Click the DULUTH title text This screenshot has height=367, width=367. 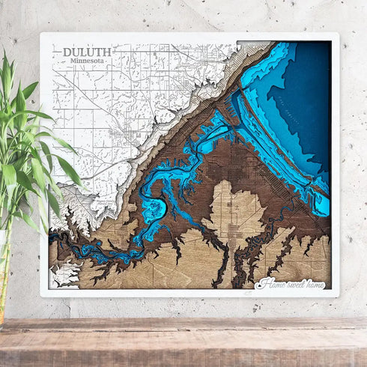87,52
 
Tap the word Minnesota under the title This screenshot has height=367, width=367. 82,60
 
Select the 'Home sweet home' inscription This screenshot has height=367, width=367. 291,283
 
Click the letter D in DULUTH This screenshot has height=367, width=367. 67,52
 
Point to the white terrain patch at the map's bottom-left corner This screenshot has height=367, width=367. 63,273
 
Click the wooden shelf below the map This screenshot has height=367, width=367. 183,341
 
